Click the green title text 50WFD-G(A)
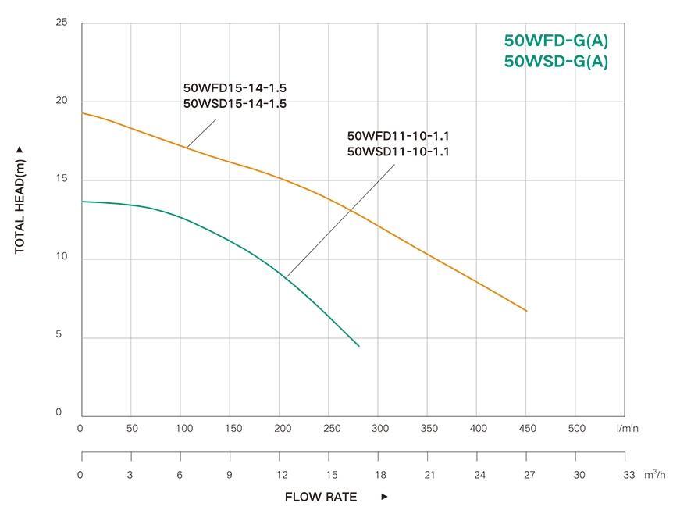point(556,41)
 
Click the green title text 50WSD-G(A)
point(556,62)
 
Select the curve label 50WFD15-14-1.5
point(234,88)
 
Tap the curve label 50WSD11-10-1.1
point(398,152)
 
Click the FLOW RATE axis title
point(320,497)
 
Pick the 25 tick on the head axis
point(62,23)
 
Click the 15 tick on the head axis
point(62,179)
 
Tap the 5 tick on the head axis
point(62,335)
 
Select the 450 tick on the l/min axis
point(527,428)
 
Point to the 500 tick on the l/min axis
point(576,428)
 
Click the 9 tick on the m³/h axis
point(230,475)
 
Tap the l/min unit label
point(627,428)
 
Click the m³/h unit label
point(654,474)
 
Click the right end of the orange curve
point(526,311)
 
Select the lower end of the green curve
point(358,345)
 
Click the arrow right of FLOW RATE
point(384,497)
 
